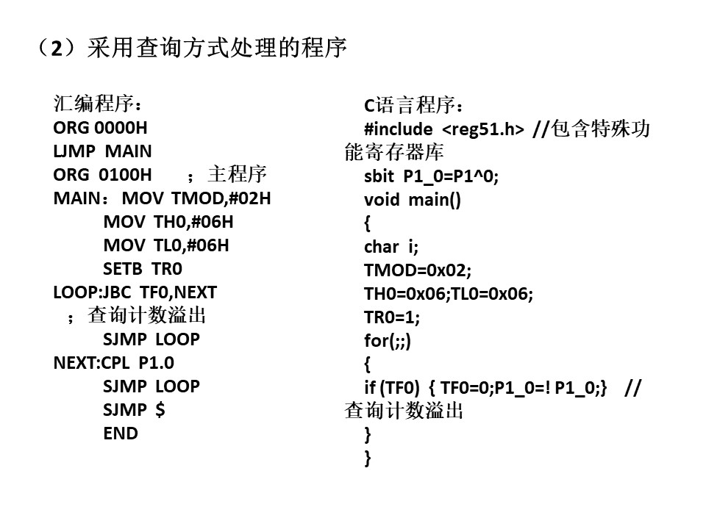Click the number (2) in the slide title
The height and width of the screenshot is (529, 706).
coord(57,48)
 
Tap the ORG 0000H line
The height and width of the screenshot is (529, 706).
coord(101,128)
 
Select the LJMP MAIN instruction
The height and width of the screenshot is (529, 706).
coord(103,151)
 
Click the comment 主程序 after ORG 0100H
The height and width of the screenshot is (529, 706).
coord(238,174)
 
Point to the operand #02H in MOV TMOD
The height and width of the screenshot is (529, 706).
coord(250,198)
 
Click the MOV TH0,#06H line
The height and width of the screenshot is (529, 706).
coord(168,222)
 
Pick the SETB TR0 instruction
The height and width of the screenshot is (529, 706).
coord(143,269)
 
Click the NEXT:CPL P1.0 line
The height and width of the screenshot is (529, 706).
coord(114,362)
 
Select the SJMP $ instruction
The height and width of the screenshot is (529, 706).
coord(134,410)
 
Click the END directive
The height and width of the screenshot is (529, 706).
coord(121,433)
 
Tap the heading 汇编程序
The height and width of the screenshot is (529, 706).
coord(98,104)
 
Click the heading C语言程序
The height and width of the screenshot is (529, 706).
coord(413,105)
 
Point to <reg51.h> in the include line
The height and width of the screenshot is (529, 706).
coord(483,129)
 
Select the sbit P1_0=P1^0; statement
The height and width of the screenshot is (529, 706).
coord(432,176)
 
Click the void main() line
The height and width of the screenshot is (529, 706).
coord(413,200)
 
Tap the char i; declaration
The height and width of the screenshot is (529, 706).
coord(391,247)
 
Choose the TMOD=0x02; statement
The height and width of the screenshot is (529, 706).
coord(418,270)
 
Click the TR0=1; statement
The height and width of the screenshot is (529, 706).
coord(392,317)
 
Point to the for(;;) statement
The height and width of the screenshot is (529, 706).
coord(388,341)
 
